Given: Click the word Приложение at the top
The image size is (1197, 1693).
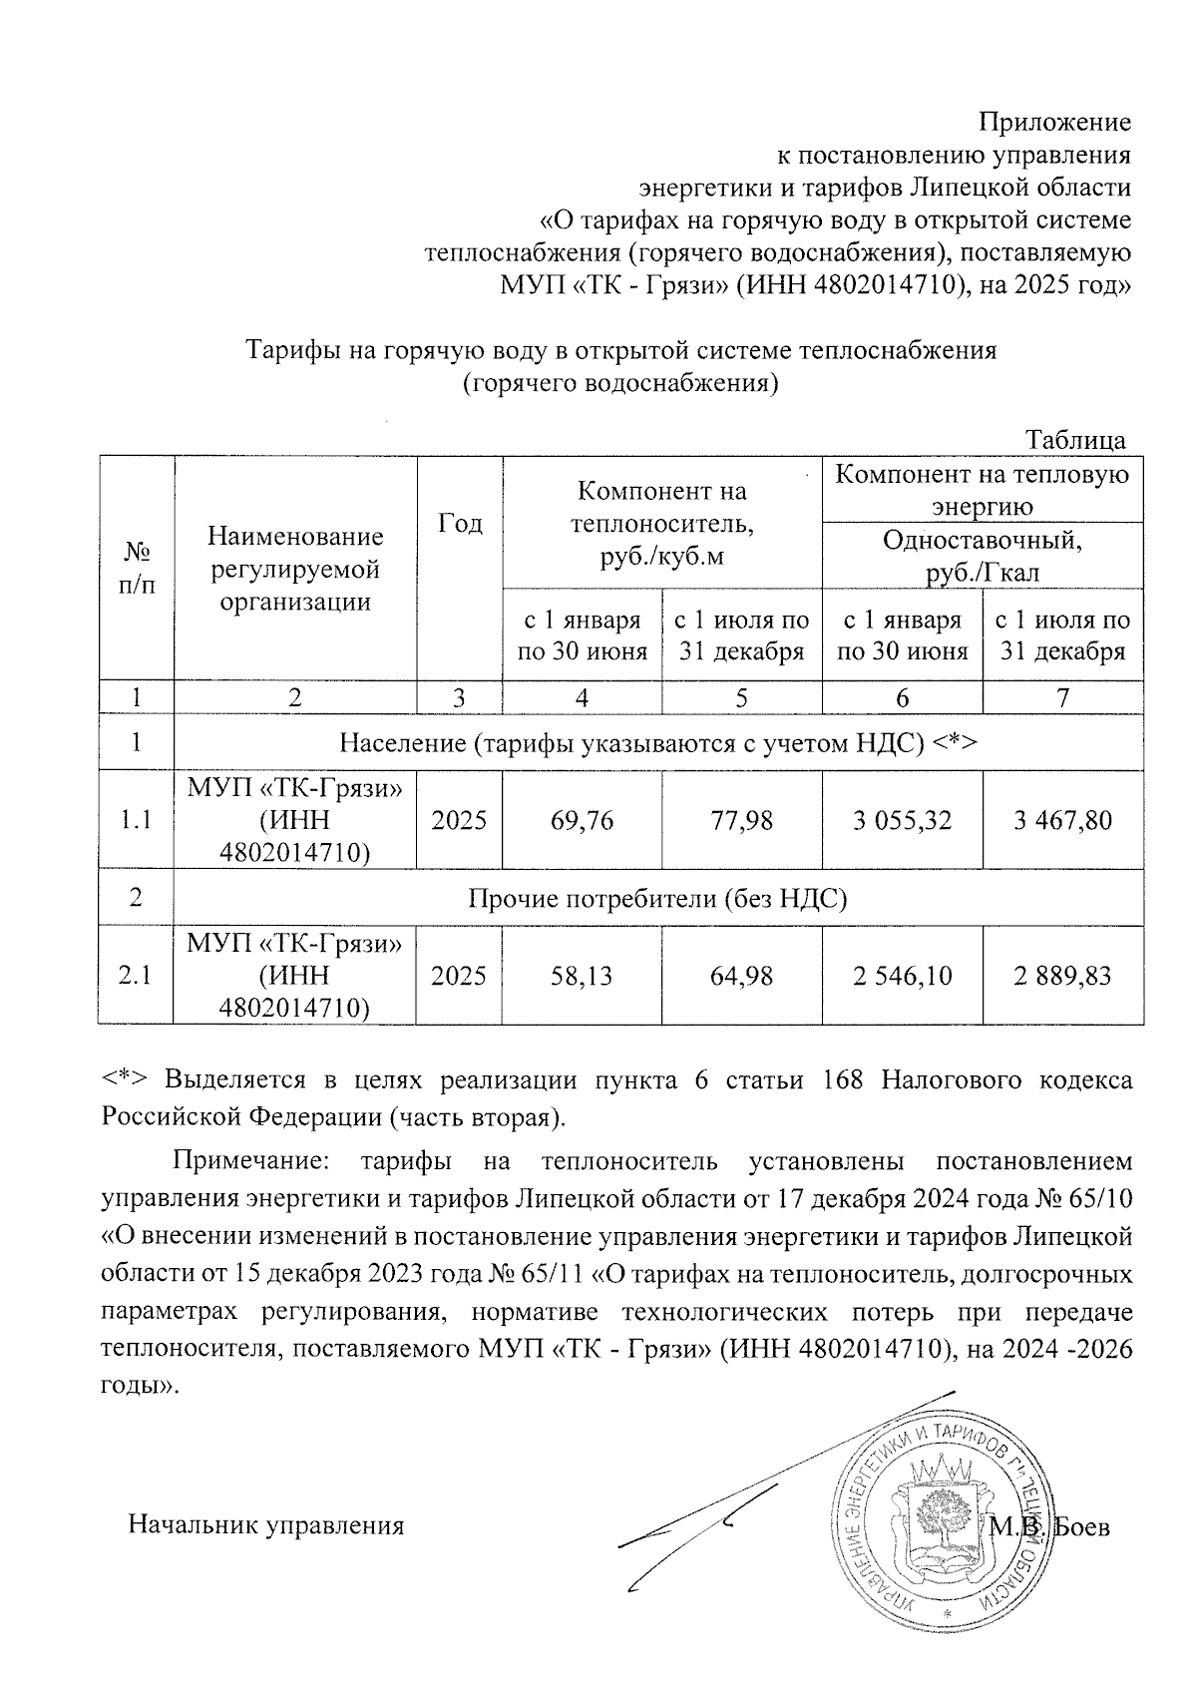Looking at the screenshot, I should (1054, 123).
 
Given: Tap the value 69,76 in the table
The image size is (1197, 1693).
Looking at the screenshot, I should (582, 820).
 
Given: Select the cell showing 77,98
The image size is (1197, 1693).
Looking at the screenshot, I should (741, 820).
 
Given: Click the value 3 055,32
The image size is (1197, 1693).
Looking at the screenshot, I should (902, 820).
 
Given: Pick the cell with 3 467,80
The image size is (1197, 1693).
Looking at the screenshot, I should (1062, 820).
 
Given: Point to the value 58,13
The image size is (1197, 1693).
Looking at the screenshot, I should (582, 975).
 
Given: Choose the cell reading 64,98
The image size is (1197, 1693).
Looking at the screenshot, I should (741, 975).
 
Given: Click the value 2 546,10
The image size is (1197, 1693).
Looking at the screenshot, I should (902, 975).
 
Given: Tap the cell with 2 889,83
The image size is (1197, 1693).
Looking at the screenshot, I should (1062, 975).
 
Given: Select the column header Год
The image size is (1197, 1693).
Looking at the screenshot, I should (460, 524).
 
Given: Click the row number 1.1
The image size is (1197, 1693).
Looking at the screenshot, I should (135, 820).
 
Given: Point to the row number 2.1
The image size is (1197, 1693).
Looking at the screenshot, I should (135, 975).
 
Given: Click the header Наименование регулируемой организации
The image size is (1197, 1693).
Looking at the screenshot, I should (295, 569).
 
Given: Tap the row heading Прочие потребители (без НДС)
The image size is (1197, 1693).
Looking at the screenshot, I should (657, 898).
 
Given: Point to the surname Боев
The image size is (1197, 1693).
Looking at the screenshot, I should (1081, 1526).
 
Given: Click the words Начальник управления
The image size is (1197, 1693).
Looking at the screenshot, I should (265, 1525).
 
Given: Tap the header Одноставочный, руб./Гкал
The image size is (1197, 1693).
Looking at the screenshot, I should (982, 556).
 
